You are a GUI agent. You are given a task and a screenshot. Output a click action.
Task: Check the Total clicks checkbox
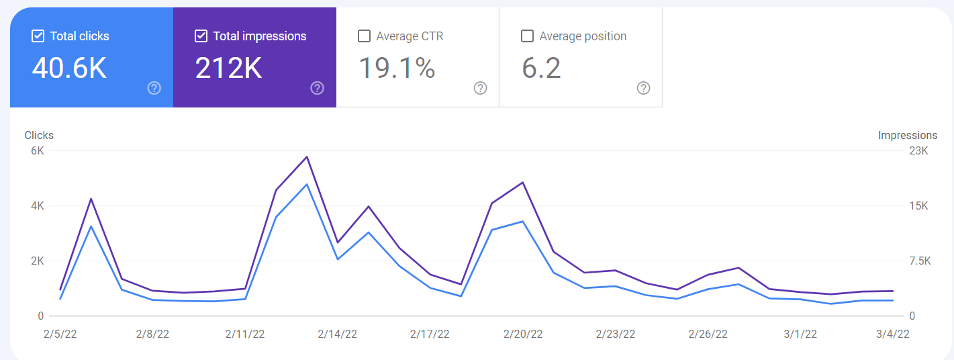pyautogui.click(x=38, y=36)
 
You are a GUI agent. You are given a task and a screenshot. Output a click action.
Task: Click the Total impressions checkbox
pyautogui.click(x=201, y=36)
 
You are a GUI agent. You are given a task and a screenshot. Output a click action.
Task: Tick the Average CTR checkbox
pyautogui.click(x=364, y=36)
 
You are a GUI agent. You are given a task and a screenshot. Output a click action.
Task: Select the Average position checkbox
pyautogui.click(x=527, y=36)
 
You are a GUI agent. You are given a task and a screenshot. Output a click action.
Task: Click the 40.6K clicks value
pyautogui.click(x=69, y=68)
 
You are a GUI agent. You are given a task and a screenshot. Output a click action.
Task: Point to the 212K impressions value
pyautogui.click(x=228, y=68)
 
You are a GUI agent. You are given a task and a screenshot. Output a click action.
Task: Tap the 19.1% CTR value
pyautogui.click(x=397, y=68)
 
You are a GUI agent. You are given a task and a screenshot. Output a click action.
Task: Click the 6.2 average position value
pyautogui.click(x=541, y=68)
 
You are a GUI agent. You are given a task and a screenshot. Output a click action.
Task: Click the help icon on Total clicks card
pyautogui.click(x=154, y=88)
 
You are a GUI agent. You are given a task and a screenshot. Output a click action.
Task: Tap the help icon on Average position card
pyautogui.click(x=644, y=88)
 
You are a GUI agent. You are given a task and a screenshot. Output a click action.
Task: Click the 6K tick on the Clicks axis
pyautogui.click(x=38, y=151)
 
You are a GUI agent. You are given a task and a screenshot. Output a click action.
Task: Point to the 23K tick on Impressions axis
pyautogui.click(x=918, y=151)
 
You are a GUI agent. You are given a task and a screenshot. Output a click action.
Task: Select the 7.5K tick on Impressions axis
pyautogui.click(x=920, y=261)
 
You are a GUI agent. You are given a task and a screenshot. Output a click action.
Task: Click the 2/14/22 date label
pyautogui.click(x=337, y=334)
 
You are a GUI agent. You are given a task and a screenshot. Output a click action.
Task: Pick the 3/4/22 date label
pyautogui.click(x=893, y=334)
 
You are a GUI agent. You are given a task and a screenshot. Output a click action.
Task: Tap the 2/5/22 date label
pyautogui.click(x=60, y=334)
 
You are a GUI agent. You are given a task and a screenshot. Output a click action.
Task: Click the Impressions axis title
pyautogui.click(x=908, y=136)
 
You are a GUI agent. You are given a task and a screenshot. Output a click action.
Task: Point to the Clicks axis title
pyautogui.click(x=39, y=136)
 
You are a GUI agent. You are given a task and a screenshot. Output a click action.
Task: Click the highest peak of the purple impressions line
pyautogui.click(x=307, y=156)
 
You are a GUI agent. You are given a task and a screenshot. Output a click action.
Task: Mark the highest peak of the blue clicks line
pyautogui.click(x=307, y=185)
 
